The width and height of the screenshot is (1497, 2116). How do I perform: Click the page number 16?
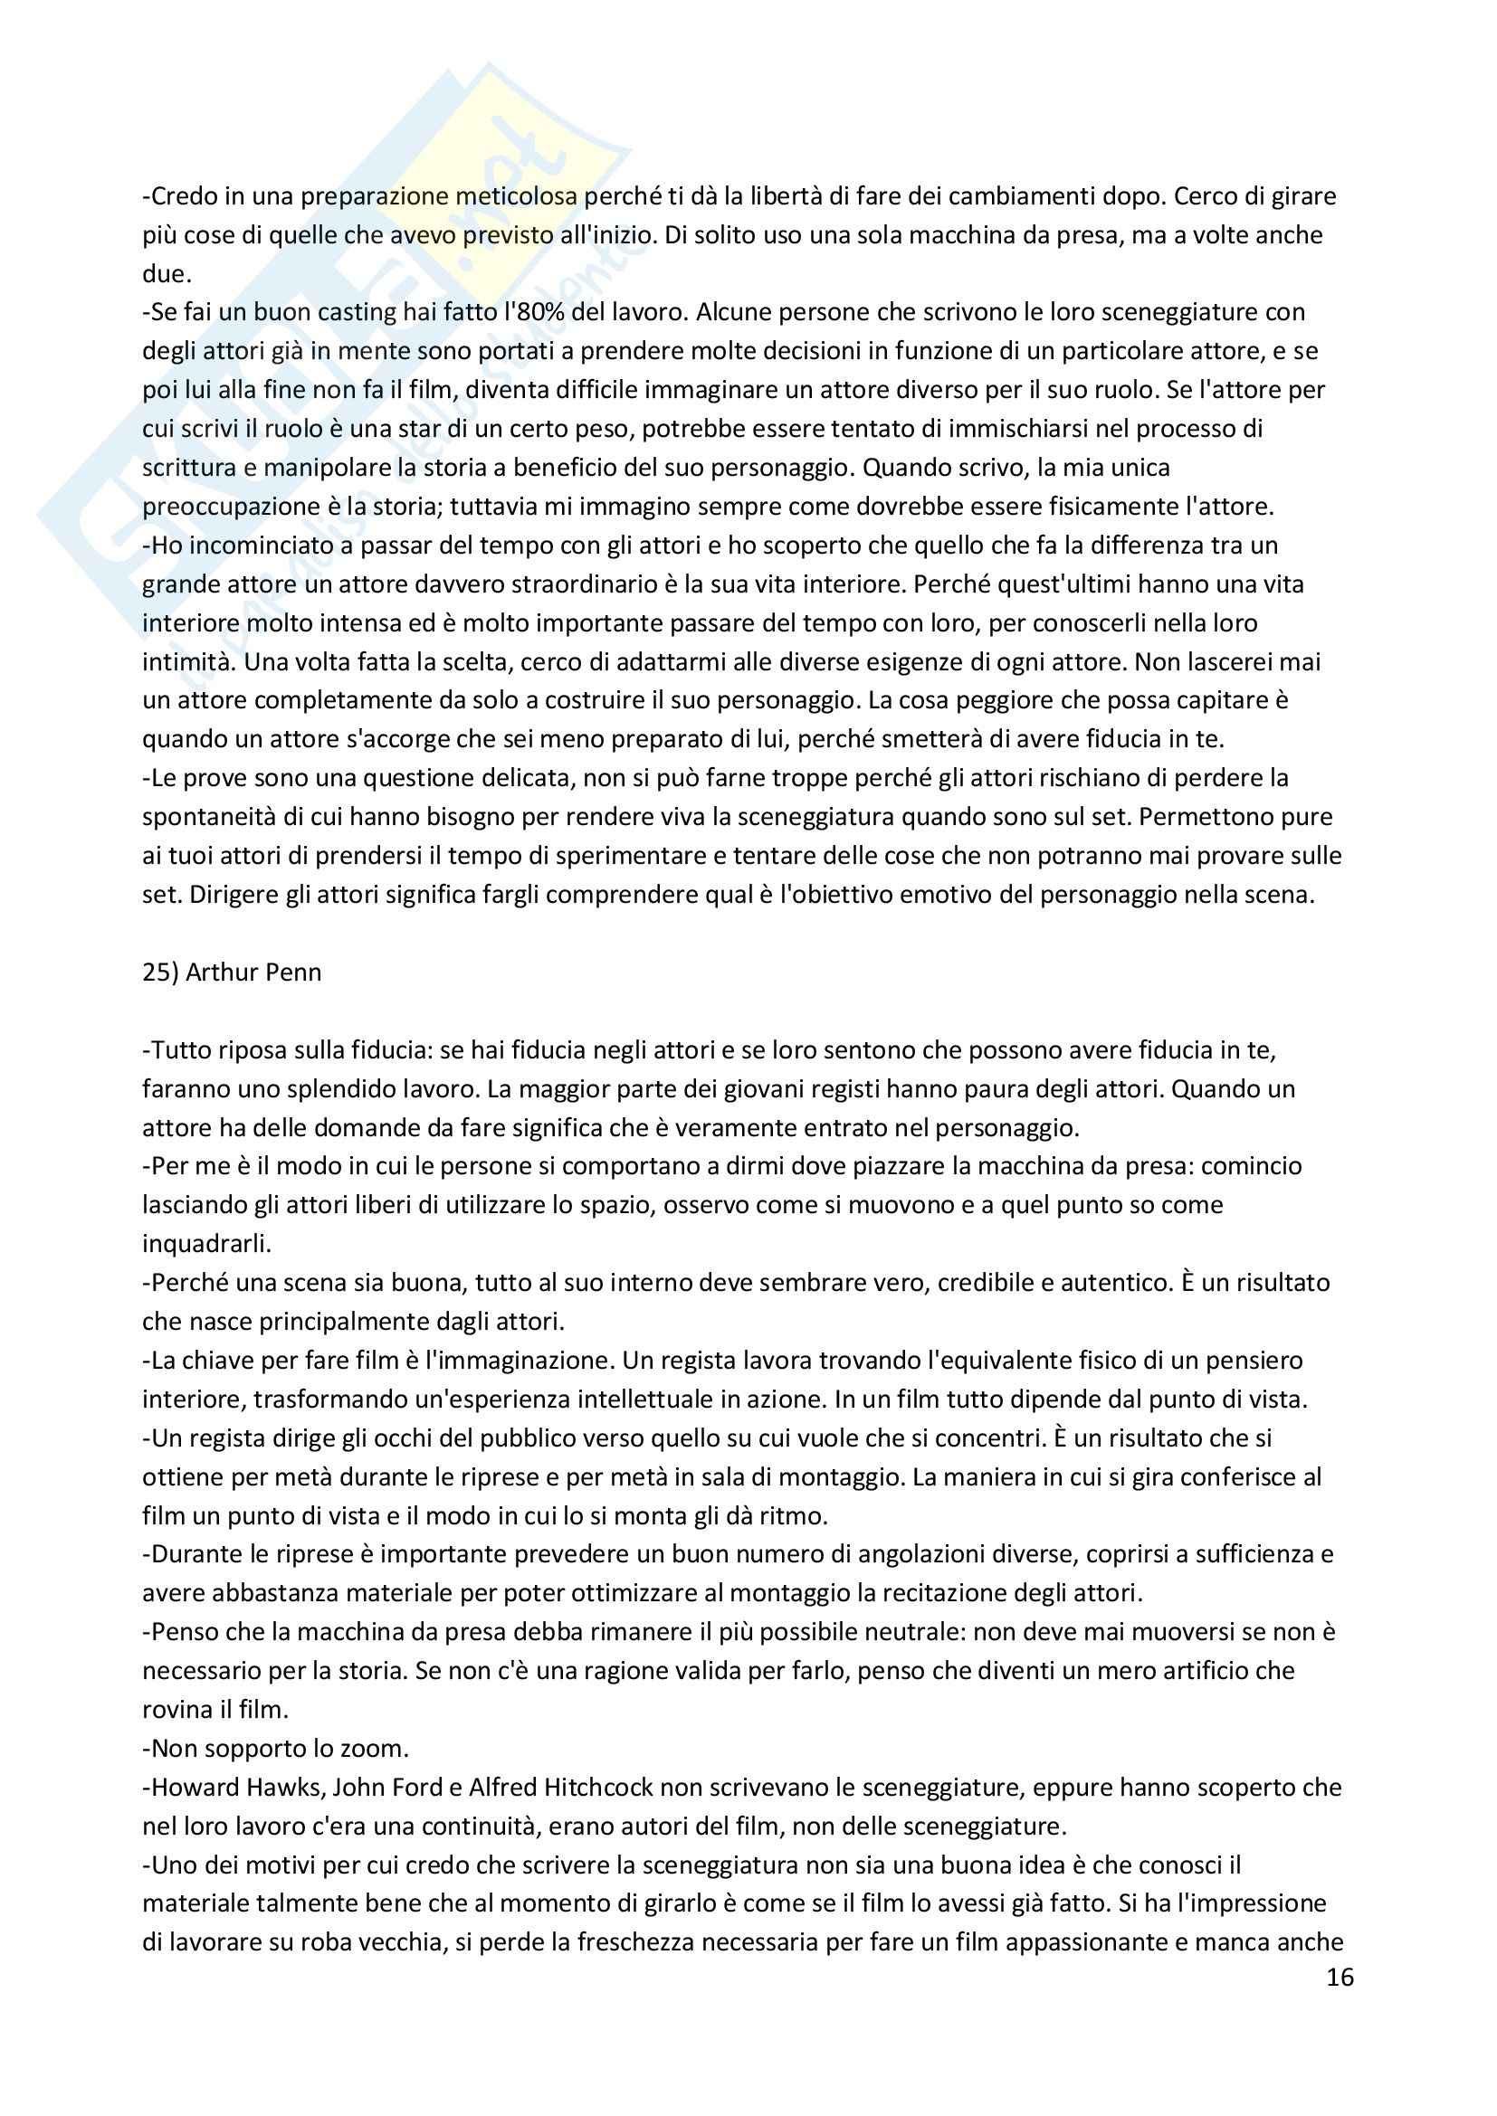pyautogui.click(x=1340, y=1978)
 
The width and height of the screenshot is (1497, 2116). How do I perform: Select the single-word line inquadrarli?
pyautogui.click(x=206, y=1244)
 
